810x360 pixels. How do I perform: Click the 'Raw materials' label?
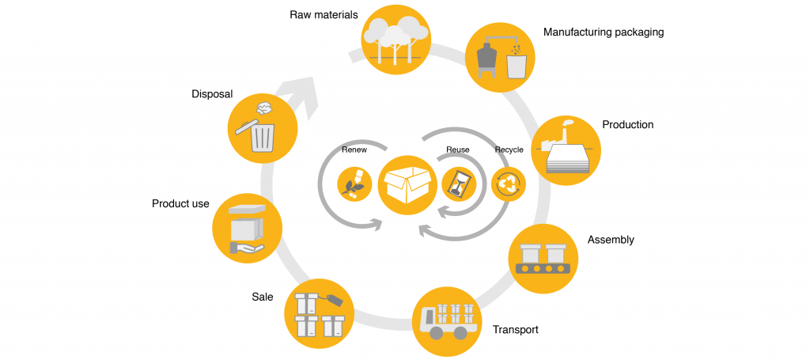(x=324, y=15)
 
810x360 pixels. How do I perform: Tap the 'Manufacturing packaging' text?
(x=603, y=32)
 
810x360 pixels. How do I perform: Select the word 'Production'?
(x=627, y=125)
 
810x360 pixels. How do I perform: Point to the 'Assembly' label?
(x=611, y=240)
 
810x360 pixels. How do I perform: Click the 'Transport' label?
(x=515, y=329)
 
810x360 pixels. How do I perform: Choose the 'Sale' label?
(x=262, y=297)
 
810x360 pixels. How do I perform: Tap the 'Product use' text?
(x=180, y=204)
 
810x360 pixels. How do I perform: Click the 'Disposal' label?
(x=212, y=94)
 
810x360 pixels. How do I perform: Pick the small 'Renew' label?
(x=354, y=149)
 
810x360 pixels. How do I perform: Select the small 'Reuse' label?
(x=457, y=149)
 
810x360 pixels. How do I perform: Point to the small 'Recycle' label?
(x=509, y=149)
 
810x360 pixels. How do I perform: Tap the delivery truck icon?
(x=448, y=320)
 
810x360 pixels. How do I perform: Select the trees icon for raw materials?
(x=395, y=39)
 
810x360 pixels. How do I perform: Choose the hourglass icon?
(x=458, y=185)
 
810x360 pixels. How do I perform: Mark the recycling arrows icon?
(x=507, y=185)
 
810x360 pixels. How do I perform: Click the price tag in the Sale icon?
(x=333, y=300)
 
